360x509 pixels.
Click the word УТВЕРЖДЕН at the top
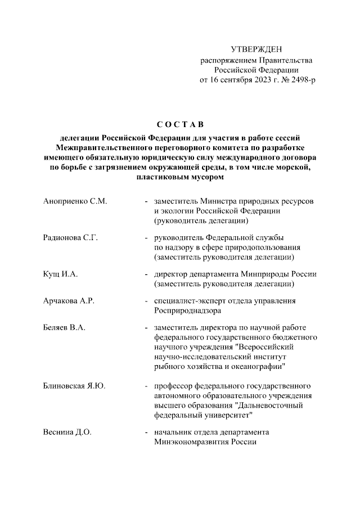coord(256,51)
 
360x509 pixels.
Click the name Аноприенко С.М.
coord(75,201)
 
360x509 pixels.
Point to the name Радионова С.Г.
coord(70,237)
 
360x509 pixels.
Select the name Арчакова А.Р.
coord(68,300)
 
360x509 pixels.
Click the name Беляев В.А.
coord(64,327)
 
